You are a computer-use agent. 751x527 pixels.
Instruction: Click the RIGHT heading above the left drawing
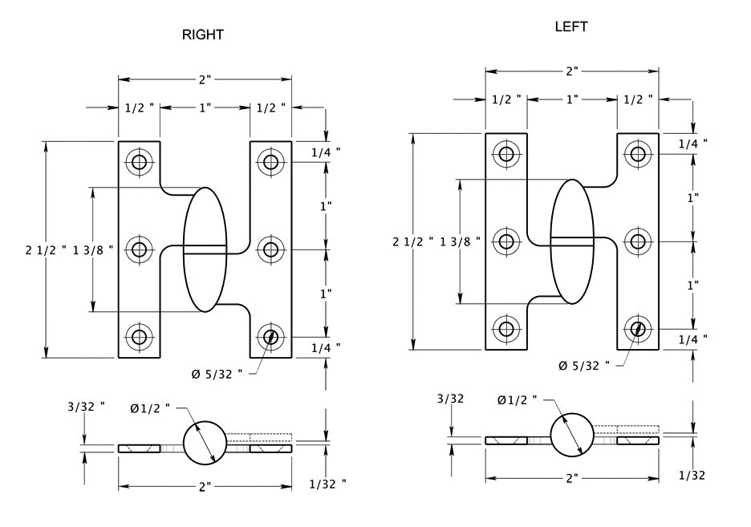point(202,34)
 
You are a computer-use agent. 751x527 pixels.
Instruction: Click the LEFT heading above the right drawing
point(571,26)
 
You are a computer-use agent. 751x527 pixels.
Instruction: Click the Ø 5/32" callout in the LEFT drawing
point(583,366)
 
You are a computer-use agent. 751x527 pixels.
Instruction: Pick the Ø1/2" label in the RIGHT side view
point(151,408)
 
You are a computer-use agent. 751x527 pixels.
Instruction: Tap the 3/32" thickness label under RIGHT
point(87,407)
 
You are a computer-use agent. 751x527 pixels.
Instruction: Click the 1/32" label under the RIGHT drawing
point(327,483)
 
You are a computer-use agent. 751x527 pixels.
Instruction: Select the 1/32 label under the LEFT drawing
point(692,475)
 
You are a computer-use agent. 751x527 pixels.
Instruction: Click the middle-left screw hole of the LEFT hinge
point(506,241)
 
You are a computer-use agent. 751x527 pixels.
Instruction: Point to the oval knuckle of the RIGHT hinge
point(205,249)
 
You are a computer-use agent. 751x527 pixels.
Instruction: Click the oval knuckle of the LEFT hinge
point(572,241)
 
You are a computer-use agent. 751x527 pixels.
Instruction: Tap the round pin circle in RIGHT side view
point(205,442)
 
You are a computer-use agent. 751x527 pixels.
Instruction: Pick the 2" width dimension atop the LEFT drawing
point(572,71)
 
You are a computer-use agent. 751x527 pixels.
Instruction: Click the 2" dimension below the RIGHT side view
point(205,486)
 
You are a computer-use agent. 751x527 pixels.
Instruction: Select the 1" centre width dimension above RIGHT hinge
point(205,107)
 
